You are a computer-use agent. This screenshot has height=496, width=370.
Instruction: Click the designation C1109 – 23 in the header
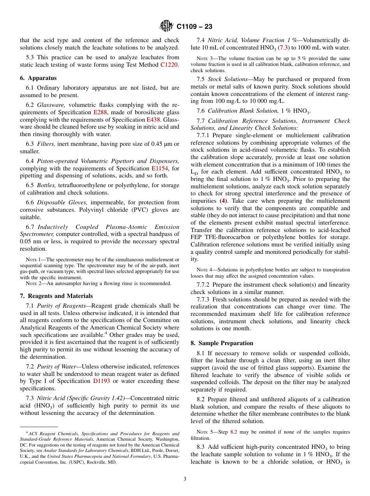(x=194, y=27)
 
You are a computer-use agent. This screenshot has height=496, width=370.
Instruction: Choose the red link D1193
(x=101, y=381)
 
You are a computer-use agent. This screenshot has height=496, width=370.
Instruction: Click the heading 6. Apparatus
(x=38, y=78)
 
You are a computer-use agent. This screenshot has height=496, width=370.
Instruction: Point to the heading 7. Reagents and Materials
(x=56, y=296)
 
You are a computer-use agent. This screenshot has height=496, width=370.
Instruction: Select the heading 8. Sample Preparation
(x=222, y=343)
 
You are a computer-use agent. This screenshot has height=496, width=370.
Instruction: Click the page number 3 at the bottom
(x=185, y=479)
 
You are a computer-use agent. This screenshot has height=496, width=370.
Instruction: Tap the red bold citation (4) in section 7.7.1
(x=223, y=201)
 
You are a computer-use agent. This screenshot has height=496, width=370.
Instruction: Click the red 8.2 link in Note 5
(x=233, y=432)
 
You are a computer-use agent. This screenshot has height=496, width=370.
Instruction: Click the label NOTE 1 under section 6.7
(x=31, y=260)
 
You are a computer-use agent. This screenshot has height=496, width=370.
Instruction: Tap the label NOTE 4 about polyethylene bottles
(x=202, y=270)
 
